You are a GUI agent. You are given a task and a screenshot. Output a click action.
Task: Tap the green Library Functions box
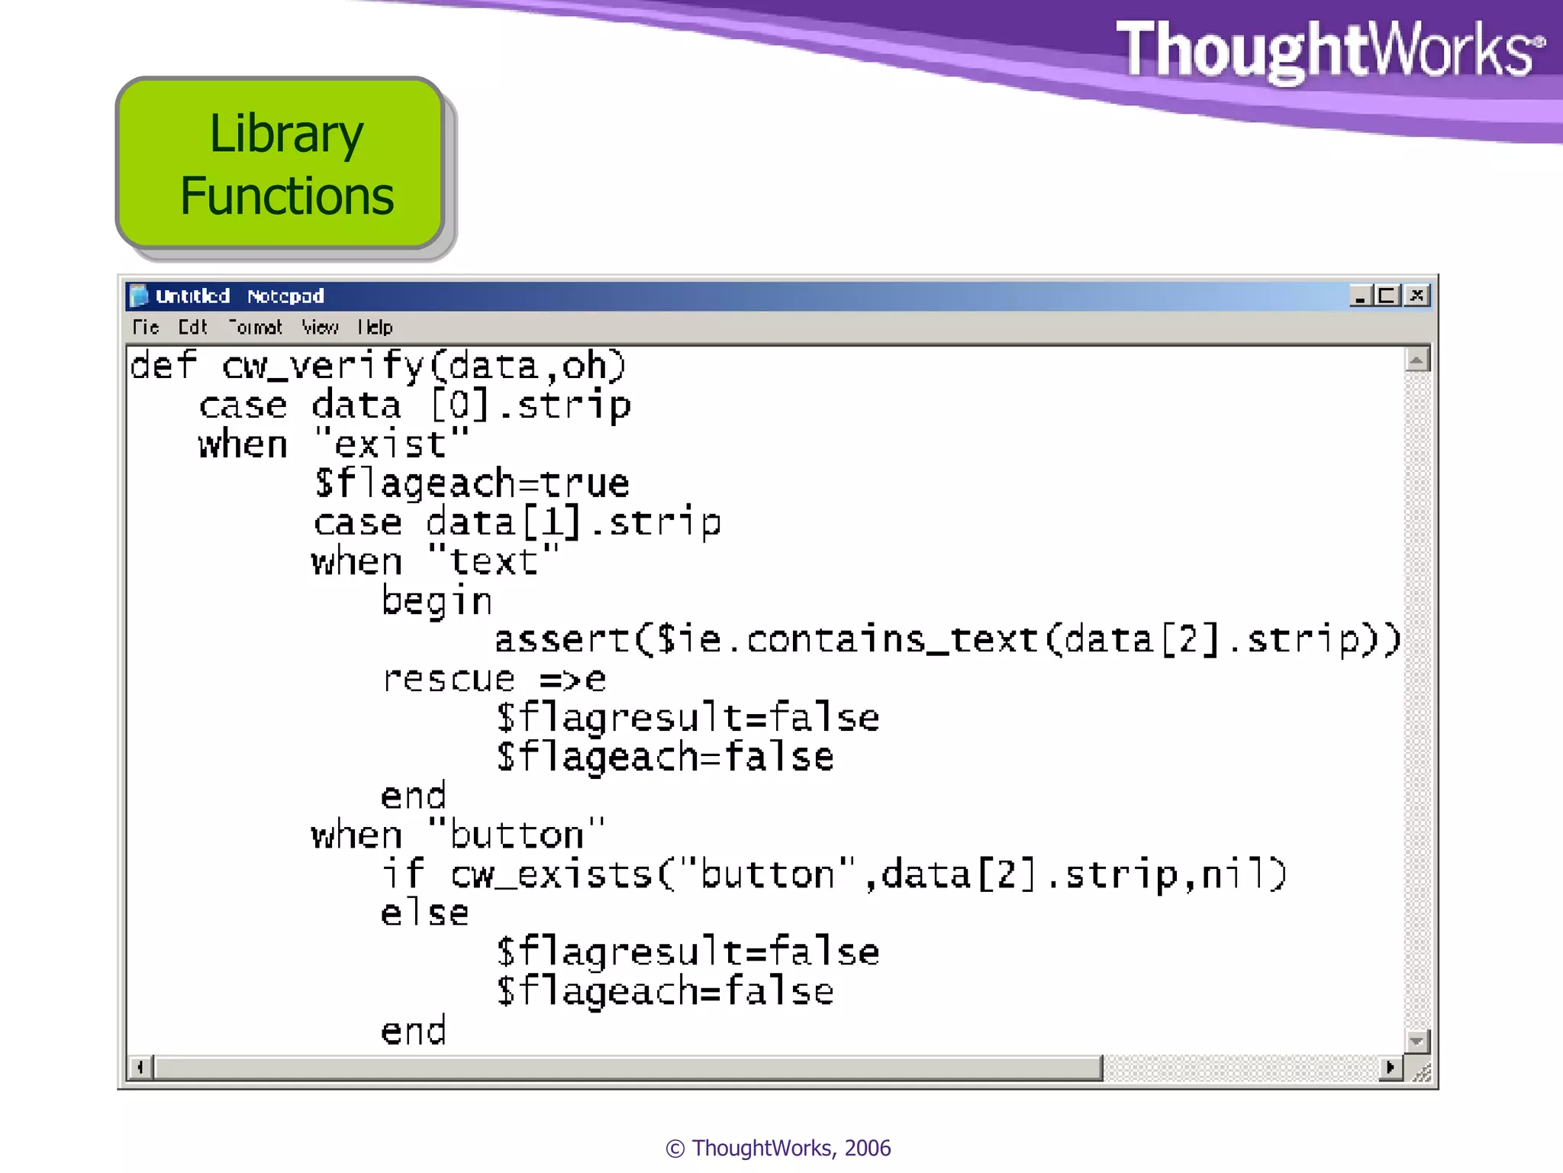pos(282,164)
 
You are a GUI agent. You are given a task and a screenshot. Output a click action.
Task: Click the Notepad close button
pos(1416,296)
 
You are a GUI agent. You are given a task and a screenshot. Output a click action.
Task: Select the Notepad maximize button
pos(1387,296)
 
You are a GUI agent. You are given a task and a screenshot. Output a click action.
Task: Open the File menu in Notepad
pos(146,328)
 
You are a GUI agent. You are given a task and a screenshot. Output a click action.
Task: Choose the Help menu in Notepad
pos(375,328)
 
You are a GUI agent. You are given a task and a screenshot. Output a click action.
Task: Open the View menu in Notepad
pos(319,328)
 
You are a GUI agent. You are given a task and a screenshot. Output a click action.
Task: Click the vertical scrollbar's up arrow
pos(1416,359)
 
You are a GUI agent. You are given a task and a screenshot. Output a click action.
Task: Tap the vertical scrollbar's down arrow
pos(1416,1041)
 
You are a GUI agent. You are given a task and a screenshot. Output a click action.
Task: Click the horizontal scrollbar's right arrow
pos(1391,1067)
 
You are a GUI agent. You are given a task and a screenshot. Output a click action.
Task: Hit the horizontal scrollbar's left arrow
pos(140,1067)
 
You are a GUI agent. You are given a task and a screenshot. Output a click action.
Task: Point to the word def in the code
pos(163,365)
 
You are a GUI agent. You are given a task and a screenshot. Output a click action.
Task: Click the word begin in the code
pos(437,601)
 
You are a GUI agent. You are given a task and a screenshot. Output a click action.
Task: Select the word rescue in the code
pos(449,679)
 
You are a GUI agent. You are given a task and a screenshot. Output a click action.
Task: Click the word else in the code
pos(424,913)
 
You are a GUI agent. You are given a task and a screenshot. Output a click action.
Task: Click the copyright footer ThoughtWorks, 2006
pos(778,1148)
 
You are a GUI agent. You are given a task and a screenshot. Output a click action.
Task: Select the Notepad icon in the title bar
pos(139,296)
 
